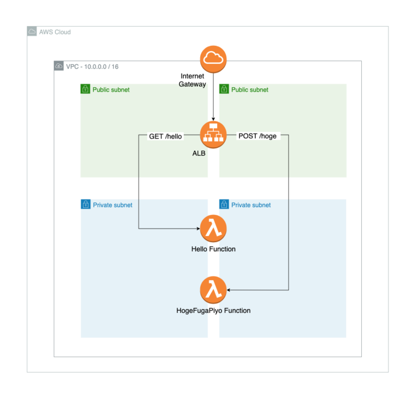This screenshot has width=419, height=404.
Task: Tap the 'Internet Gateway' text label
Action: click(193, 80)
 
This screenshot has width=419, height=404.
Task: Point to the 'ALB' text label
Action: click(199, 153)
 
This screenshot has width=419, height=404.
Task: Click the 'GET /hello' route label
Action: click(165, 136)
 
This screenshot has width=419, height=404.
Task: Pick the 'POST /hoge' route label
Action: click(257, 136)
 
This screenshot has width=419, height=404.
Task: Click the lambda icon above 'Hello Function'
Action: click(213, 228)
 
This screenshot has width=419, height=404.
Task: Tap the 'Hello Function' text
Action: click(213, 249)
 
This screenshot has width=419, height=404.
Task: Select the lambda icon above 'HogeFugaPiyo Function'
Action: click(213, 290)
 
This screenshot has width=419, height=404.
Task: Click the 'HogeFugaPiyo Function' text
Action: click(213, 311)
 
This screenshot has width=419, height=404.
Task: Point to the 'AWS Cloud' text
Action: click(55, 32)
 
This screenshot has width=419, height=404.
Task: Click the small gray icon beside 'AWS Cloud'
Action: click(32, 32)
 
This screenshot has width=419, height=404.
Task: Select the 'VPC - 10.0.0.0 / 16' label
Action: click(92, 66)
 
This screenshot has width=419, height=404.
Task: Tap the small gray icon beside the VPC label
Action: click(59, 66)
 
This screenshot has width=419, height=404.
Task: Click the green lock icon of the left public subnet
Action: click(85, 89)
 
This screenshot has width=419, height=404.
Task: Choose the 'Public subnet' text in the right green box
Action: click(249, 89)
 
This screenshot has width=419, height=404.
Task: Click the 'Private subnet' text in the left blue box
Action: click(112, 205)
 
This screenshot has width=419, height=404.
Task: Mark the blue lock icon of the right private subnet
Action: click(224, 204)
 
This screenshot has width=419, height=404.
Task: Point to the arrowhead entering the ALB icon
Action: click(213, 118)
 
